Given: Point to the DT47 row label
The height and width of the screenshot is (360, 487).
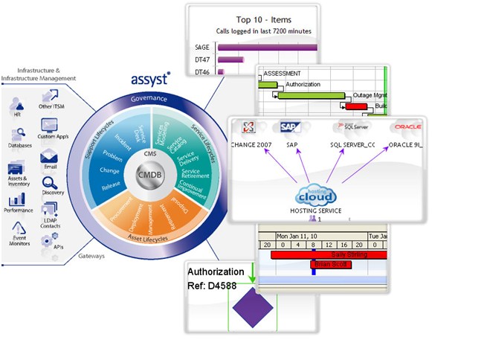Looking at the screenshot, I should (202, 60).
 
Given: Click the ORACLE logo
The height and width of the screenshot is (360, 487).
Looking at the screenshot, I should (407, 127).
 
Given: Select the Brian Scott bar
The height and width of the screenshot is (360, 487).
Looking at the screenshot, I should (329, 264).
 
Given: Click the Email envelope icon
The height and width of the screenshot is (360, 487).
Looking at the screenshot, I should (50, 157).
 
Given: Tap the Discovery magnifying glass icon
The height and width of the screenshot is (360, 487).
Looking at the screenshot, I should (50, 181).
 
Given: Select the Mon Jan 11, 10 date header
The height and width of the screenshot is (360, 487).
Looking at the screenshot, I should (297, 235).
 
